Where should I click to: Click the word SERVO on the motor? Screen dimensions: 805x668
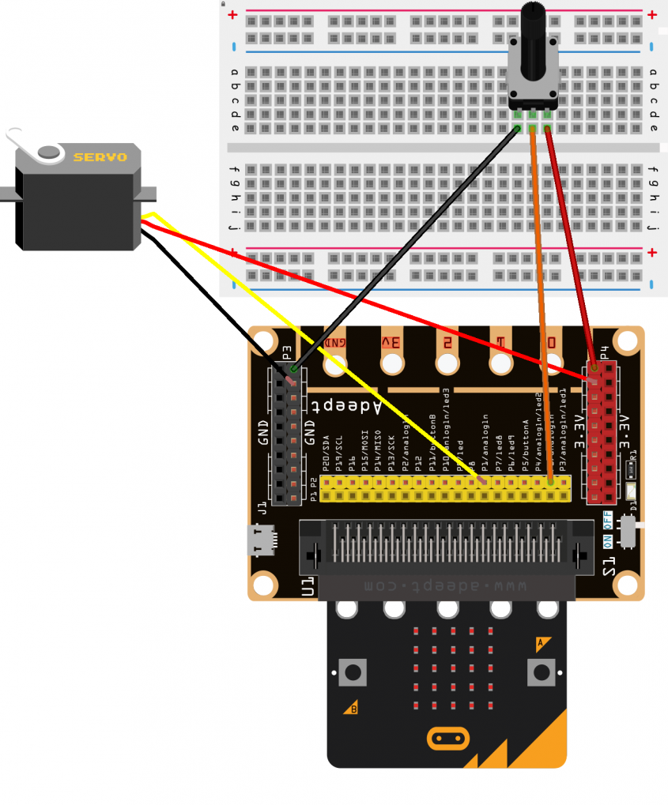tap(100, 156)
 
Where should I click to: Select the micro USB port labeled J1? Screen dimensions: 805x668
tap(262, 540)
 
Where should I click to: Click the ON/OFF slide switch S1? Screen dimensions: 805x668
tap(628, 531)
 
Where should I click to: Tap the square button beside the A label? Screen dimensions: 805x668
tap(542, 672)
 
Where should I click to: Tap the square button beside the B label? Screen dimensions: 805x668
tap(353, 672)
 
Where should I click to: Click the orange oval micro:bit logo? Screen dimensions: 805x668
tap(447, 739)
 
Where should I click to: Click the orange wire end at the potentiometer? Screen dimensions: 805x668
tap(532, 129)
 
